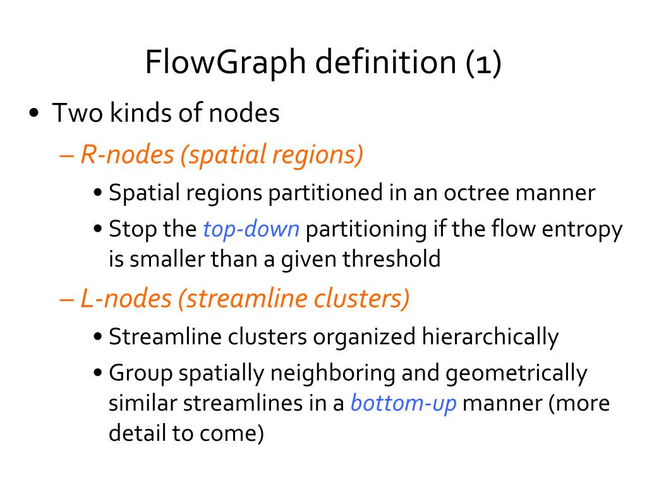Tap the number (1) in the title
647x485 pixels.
click(x=484, y=63)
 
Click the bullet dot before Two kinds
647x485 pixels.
click(x=35, y=114)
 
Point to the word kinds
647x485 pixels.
click(x=136, y=114)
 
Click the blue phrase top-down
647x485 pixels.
click(x=251, y=229)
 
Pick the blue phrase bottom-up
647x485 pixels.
click(x=403, y=403)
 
